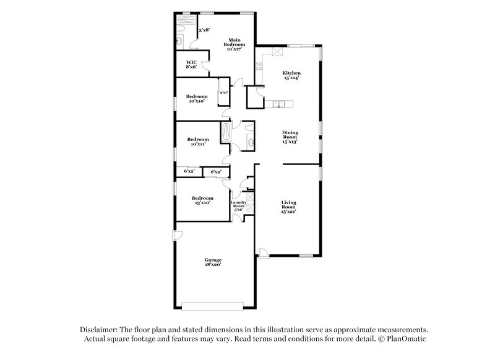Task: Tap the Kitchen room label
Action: [x=291, y=75]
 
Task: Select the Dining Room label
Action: [x=290, y=137]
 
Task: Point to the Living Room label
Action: [x=289, y=206]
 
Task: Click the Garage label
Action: [x=213, y=262]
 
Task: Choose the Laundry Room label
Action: [x=239, y=207]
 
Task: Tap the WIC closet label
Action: [x=192, y=64]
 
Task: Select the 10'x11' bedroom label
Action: [x=199, y=142]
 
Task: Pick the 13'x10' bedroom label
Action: [x=202, y=200]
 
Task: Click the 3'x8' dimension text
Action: [x=204, y=29]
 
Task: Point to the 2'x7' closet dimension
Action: [x=224, y=93]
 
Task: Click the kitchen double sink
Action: [x=280, y=103]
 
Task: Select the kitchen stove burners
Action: [x=279, y=52]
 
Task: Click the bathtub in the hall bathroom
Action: [x=226, y=132]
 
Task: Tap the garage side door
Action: [x=178, y=234]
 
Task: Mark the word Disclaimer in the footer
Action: [x=98, y=330]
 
